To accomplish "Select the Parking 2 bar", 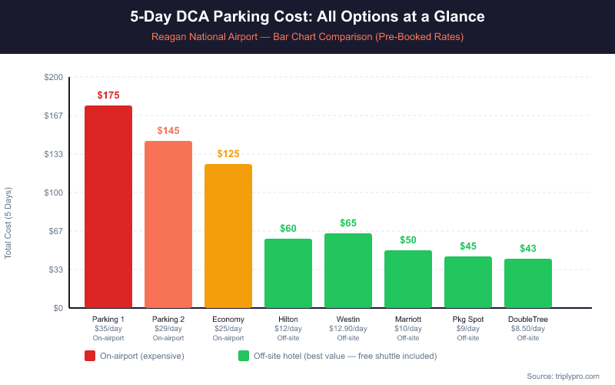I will (168, 224).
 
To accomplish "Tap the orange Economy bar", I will (228, 236).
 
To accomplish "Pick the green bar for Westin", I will (348, 270).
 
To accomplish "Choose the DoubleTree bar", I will (528, 283).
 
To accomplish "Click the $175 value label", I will (108, 95).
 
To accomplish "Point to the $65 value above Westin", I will (348, 223).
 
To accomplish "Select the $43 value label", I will (528, 248).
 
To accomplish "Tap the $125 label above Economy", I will (228, 154).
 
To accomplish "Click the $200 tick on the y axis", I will (54, 78).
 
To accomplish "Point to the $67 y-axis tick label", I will (56, 231).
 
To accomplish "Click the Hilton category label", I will (288, 320).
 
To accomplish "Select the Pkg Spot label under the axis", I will (468, 320).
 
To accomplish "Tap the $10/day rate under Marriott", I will (408, 329).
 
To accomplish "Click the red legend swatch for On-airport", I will (90, 356).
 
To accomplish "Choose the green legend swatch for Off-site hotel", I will (244, 356).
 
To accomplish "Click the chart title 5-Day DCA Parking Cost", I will (307, 16).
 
